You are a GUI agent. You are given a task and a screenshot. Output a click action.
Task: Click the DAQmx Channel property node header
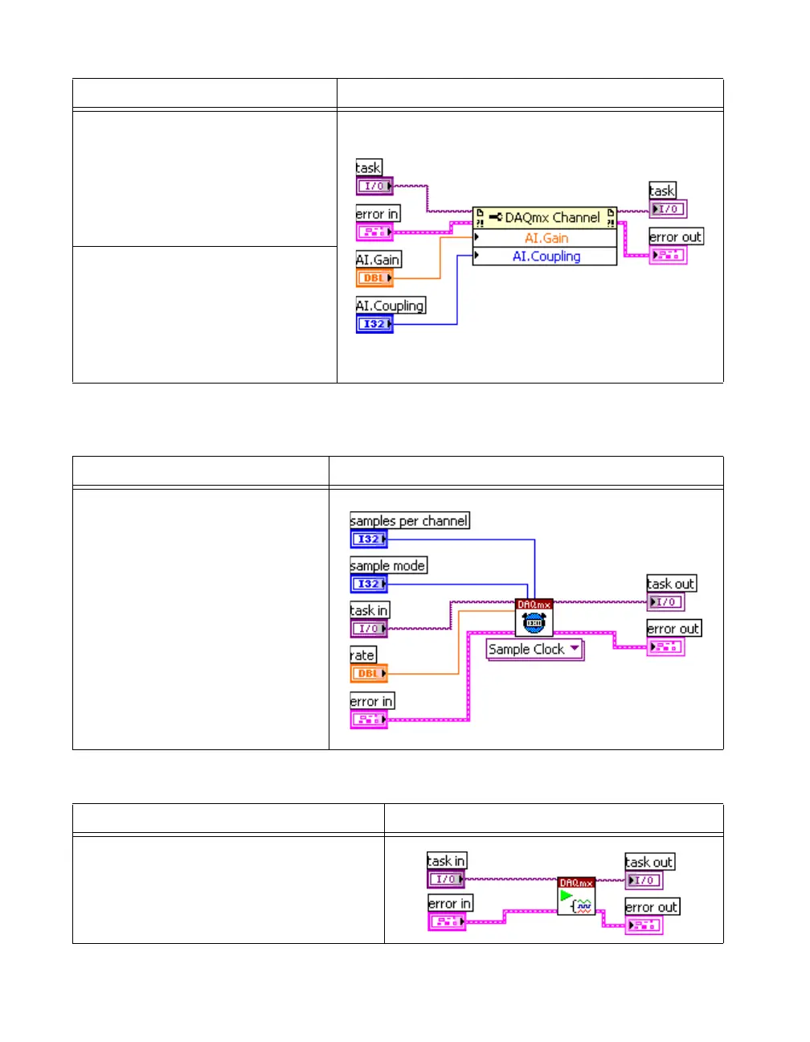click(x=545, y=217)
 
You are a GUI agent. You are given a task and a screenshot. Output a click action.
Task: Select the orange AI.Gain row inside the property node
click(x=546, y=238)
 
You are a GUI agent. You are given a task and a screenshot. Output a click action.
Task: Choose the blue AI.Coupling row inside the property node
click(x=546, y=256)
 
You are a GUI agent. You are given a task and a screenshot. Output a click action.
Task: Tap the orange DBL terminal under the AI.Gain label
click(x=374, y=278)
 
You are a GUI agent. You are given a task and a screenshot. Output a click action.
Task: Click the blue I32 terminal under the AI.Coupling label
click(x=374, y=324)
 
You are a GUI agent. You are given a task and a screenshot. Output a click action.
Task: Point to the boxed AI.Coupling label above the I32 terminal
click(x=391, y=306)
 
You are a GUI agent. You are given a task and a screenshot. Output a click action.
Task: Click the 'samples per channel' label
click(x=409, y=521)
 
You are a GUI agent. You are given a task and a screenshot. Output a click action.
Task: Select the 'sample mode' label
click(x=388, y=566)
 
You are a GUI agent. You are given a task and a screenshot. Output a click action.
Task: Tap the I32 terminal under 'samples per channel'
click(x=369, y=539)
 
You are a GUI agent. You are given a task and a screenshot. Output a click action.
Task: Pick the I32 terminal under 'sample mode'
click(x=369, y=585)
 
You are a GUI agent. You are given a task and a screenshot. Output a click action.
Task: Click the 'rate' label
click(x=362, y=655)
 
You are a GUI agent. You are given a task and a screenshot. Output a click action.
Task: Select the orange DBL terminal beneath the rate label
click(x=369, y=674)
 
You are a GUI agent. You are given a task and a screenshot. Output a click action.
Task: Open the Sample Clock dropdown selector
click(x=534, y=650)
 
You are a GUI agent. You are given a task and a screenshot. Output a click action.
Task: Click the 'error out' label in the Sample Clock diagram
click(x=673, y=629)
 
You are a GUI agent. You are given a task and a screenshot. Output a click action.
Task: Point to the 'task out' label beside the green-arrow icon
click(x=649, y=862)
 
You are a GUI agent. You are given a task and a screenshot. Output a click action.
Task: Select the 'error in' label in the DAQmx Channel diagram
click(x=377, y=214)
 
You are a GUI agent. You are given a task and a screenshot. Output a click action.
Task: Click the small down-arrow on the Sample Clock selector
click(x=575, y=648)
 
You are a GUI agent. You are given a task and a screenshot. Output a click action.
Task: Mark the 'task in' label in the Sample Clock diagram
click(x=369, y=611)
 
